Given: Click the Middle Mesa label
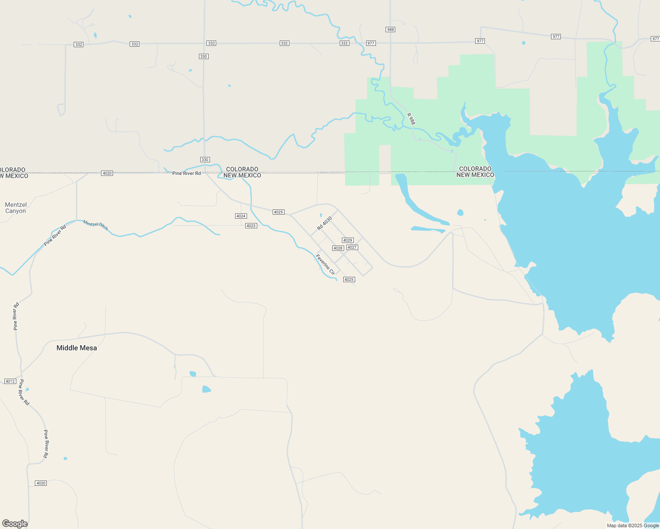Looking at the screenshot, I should tap(77, 348).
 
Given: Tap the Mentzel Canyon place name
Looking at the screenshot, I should tap(16, 208).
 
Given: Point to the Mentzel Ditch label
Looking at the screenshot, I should tap(95, 225).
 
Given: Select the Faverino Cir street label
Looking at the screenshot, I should tap(326, 264).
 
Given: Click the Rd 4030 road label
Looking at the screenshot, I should tap(324, 223).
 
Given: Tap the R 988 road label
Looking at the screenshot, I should tap(411, 119).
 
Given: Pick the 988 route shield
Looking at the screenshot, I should tap(390, 30).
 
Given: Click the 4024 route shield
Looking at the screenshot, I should tap(241, 216).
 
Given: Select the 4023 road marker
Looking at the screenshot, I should tap(251, 226).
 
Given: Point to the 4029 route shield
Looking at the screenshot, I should tap(348, 240).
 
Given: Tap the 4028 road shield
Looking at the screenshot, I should tap(338, 248).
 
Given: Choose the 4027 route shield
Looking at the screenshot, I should tap(352, 247).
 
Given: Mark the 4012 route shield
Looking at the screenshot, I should tap(10, 381).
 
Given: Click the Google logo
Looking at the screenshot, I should tap(15, 524).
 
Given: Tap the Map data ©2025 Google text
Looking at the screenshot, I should tap(633, 525).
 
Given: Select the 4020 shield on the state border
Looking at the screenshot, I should tap(107, 173).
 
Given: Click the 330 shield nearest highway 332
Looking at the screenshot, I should tap(203, 56).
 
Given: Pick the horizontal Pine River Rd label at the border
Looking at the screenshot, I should tap(187, 173).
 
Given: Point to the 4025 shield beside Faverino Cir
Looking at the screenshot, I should tap(349, 279).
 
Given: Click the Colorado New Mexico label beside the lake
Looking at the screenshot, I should tap(475, 172).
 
